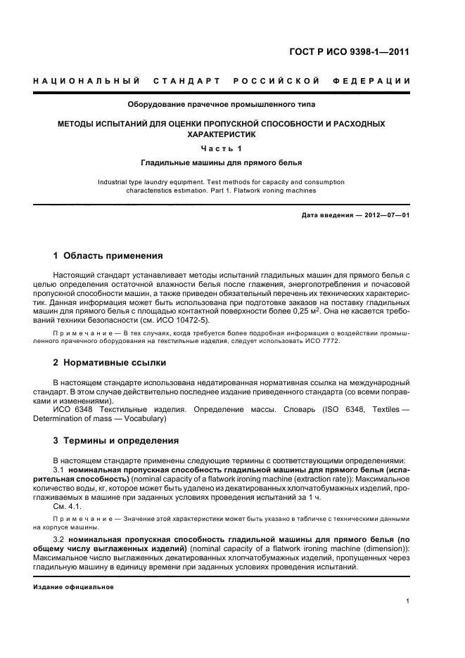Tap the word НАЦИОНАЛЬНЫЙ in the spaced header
coord(85,82)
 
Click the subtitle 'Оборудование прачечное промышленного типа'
coord(221,105)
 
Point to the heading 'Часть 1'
coord(221,148)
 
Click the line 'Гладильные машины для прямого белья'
coord(221,163)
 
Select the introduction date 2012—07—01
coord(381,215)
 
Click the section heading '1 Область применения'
coord(108,255)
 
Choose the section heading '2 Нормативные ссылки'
coord(110,363)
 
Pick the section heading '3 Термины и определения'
coord(116,441)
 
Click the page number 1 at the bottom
coord(408,600)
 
